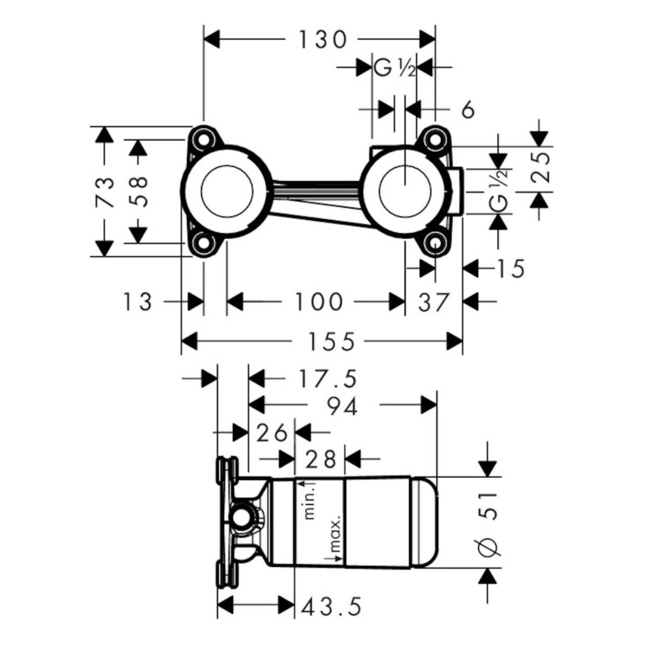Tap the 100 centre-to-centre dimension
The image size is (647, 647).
[318, 301]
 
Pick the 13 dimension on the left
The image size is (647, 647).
[137, 301]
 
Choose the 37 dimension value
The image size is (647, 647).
[433, 302]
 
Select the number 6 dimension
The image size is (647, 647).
[468, 110]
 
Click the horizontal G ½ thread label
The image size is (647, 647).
[394, 69]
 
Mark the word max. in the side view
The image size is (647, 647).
[335, 534]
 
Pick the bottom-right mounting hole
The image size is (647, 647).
[435, 243]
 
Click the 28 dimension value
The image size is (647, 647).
[320, 459]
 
